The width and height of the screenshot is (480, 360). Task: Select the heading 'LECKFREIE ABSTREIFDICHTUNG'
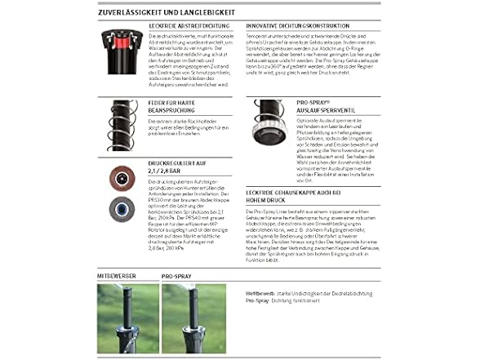[184, 27]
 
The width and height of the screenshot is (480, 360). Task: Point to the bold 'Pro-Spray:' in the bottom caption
[259, 300]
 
